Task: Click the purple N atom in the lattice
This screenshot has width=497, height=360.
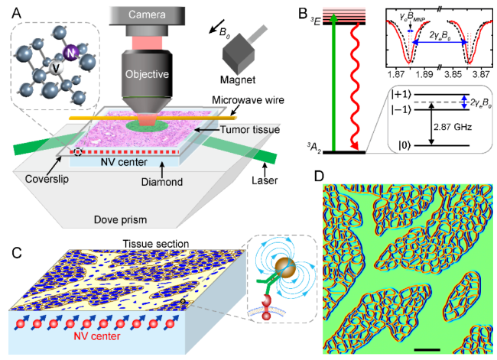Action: click(x=70, y=53)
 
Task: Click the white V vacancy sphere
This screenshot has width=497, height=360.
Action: click(x=57, y=67)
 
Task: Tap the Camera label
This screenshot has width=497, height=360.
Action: click(x=147, y=15)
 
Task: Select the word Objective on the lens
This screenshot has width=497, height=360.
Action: click(x=147, y=74)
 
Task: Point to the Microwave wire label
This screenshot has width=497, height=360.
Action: click(x=248, y=100)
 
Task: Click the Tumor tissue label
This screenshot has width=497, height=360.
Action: click(x=250, y=130)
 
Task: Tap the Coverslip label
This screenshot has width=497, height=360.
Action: click(x=47, y=179)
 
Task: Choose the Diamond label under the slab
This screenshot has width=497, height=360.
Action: click(x=162, y=182)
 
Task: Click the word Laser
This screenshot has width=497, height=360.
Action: click(x=265, y=180)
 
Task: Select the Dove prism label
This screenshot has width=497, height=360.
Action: click(x=121, y=219)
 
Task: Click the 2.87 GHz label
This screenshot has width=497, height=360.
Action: click(x=453, y=127)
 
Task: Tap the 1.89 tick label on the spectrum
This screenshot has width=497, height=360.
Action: click(x=424, y=74)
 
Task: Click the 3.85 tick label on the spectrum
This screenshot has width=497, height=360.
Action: click(x=453, y=74)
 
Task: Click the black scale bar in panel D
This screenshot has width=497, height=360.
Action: click(x=427, y=350)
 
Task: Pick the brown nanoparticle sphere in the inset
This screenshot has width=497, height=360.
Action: click(x=286, y=268)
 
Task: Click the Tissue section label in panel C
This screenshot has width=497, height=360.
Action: click(x=156, y=244)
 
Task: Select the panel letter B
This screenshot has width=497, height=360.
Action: click(x=303, y=14)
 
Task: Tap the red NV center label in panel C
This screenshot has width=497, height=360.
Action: click(x=97, y=336)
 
